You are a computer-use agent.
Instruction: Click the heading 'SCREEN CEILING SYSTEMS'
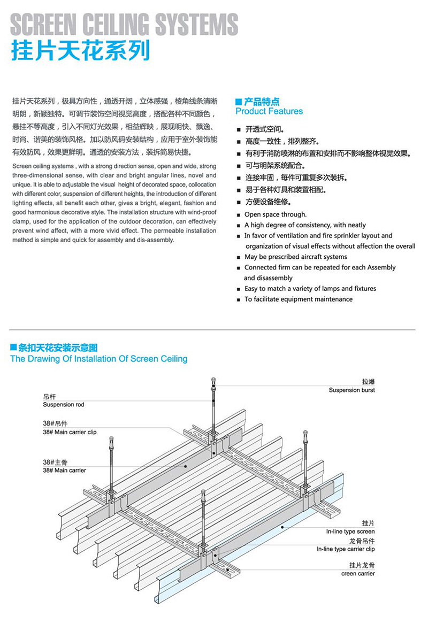point(124,25)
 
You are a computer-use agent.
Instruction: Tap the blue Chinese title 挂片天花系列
point(80,52)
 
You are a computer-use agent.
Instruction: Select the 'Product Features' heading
point(269,111)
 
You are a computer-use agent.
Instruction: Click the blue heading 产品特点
point(262,101)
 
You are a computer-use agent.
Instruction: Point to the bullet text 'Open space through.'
point(275,214)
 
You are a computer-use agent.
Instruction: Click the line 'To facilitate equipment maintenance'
point(298,299)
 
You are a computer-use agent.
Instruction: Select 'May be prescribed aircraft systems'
point(295,257)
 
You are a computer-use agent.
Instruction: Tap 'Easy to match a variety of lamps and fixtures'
point(310,288)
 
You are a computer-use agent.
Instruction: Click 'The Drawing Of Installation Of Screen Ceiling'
point(99,359)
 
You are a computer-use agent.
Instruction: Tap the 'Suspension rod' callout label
point(63,405)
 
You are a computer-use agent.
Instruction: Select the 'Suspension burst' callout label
point(351,390)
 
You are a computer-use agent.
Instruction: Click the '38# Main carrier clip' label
point(70,432)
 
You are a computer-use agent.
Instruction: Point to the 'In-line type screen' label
point(350,531)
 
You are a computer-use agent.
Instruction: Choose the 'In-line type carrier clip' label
point(346,549)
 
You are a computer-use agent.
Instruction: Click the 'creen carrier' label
point(358,574)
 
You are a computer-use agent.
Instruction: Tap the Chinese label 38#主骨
point(54,462)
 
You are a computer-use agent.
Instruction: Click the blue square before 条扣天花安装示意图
point(13,348)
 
